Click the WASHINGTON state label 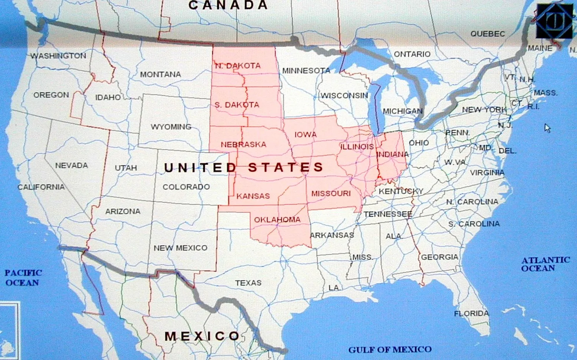click(x=58, y=56)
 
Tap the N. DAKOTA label click(x=238, y=66)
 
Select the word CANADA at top click(x=227, y=5)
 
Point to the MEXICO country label click(x=202, y=336)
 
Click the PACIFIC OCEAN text click(x=23, y=278)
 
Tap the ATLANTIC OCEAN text click(x=545, y=264)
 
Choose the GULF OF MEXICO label click(x=390, y=349)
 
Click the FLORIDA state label click(x=471, y=314)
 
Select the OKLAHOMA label click(x=277, y=219)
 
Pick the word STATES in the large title click(x=286, y=167)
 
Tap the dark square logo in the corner click(x=554, y=21)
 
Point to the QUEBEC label click(x=488, y=34)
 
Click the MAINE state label click(x=540, y=48)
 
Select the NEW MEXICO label click(x=180, y=248)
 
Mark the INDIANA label click(x=392, y=154)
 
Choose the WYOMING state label click(x=171, y=127)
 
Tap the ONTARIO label click(x=412, y=54)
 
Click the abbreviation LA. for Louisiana click(x=334, y=288)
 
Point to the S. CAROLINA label click(x=474, y=224)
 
